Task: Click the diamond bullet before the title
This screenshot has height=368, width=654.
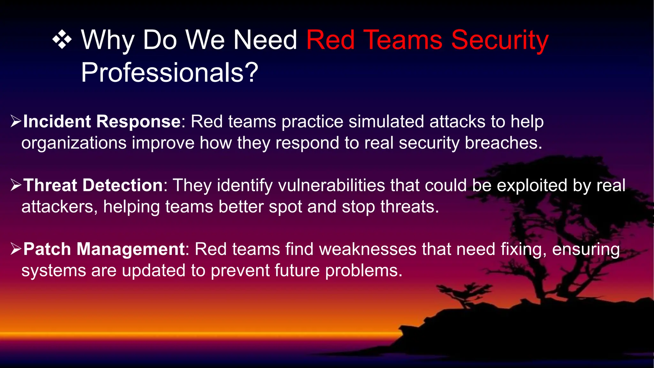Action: coord(62,40)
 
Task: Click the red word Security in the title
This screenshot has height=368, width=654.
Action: coord(499,40)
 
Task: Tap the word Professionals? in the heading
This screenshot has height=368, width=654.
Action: coord(169,73)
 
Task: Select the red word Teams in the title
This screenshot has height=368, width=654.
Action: coord(403,40)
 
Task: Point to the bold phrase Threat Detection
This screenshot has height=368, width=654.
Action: coord(93,186)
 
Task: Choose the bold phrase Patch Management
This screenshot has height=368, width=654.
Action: coord(104,249)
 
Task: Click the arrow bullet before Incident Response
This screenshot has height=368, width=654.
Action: coord(16,121)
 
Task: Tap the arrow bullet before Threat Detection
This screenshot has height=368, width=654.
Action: coord(16,185)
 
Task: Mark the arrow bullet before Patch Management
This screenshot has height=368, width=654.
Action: coord(16,249)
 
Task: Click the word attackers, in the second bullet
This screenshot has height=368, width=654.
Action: coord(59,207)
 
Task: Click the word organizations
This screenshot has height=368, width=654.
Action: coord(74,143)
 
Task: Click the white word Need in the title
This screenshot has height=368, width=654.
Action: coord(265,40)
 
